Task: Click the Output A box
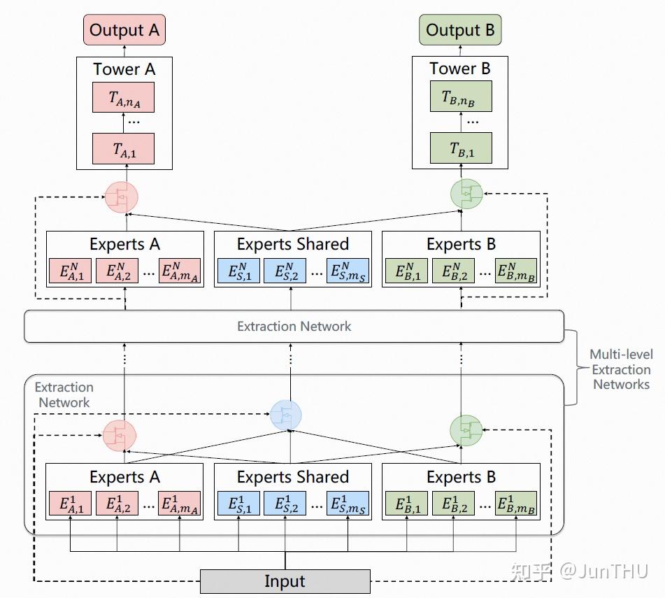[124, 31]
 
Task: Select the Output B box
[460, 31]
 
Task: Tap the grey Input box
[285, 581]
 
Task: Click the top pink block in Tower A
[123, 98]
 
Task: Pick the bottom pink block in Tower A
[123, 148]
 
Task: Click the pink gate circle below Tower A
[122, 197]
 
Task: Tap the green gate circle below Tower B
[467, 194]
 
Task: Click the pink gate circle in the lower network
[119, 434]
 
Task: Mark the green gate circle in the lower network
[466, 431]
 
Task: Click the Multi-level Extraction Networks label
[621, 369]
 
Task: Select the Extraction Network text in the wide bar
[294, 326]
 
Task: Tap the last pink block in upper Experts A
[180, 271]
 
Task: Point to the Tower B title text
[459, 69]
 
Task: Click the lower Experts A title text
[124, 477]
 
